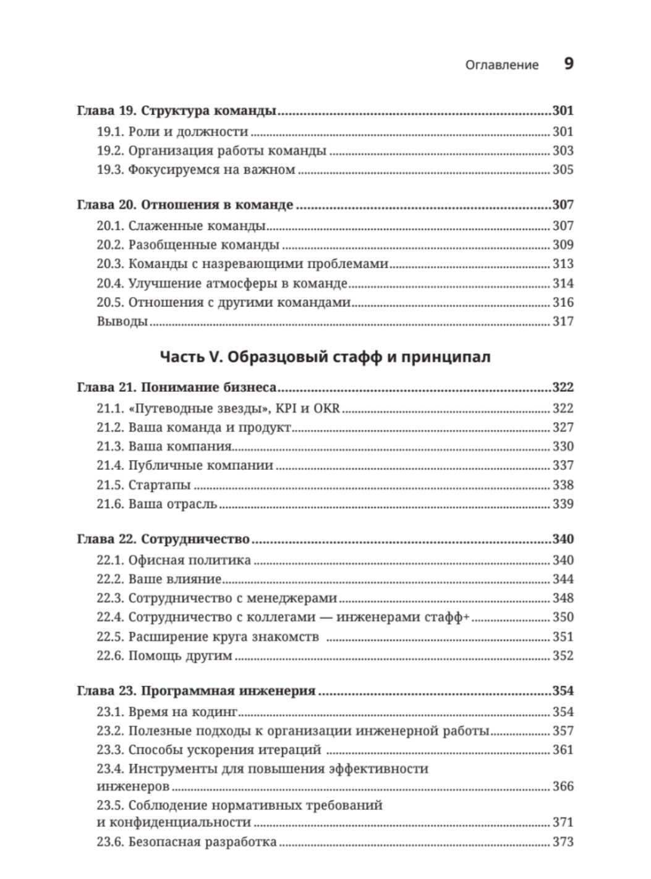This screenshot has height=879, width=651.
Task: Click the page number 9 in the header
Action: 569,64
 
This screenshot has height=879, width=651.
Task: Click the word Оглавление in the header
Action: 501,65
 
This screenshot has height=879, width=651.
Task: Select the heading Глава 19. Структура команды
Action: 176,111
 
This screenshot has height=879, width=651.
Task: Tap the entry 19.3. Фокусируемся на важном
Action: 196,169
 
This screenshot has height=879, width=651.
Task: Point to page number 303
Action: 563,150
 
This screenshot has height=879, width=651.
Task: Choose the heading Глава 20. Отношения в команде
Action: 185,205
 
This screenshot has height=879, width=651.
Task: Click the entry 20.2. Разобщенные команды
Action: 188,245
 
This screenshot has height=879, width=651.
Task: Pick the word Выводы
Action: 122,321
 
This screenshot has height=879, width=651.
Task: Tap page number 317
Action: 563,321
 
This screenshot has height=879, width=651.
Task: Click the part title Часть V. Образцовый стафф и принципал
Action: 325,357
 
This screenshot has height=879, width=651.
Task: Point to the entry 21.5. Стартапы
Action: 143,485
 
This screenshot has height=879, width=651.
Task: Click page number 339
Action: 563,504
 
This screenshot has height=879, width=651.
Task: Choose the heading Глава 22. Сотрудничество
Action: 163,539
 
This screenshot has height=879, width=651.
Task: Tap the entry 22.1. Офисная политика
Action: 174,560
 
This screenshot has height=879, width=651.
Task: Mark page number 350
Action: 563,617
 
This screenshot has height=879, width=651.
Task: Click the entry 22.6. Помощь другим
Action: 164,655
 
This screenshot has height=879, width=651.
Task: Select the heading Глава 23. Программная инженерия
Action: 196,691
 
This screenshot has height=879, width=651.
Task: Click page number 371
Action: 563,822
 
